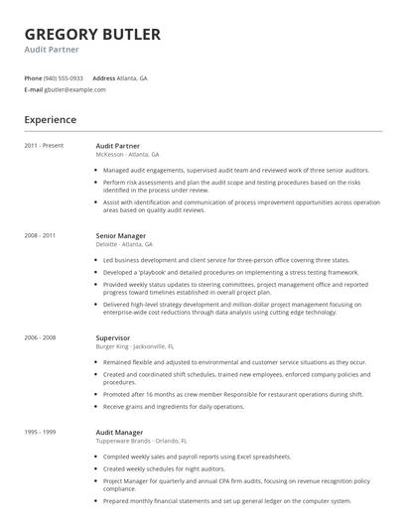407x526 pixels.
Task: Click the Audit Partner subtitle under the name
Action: [52, 49]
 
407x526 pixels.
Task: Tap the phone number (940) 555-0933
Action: [64, 77]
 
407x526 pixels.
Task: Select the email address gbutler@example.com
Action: [74, 89]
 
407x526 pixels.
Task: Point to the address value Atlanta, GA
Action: [132, 77]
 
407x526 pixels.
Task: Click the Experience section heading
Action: [51, 120]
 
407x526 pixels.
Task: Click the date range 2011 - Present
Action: [45, 146]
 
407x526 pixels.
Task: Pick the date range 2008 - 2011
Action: [41, 235]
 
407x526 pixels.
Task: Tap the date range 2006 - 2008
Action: [41, 337]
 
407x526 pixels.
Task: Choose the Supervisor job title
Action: [112, 337]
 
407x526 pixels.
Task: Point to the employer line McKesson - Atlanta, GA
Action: [127, 154]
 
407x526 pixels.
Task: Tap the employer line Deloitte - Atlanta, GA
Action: [124, 243]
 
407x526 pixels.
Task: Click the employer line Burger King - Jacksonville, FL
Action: [134, 346]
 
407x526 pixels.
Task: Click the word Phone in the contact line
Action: [33, 77]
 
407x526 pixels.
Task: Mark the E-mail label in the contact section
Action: [33, 89]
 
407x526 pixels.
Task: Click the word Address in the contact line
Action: [103, 77]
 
